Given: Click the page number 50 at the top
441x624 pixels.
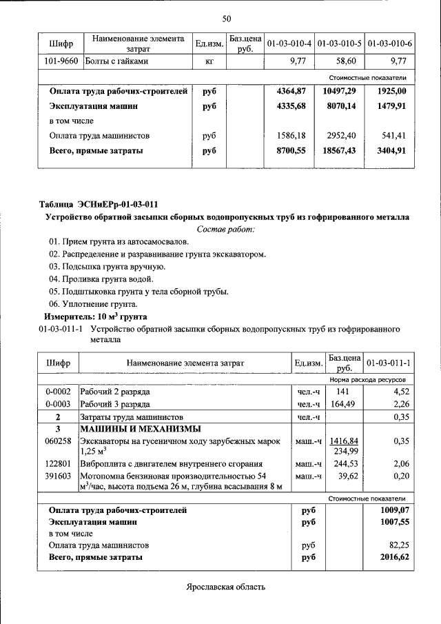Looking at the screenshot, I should tap(227, 19).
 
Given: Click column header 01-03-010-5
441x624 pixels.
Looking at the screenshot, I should tap(340, 43).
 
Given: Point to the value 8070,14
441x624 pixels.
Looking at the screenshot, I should tap(341, 106).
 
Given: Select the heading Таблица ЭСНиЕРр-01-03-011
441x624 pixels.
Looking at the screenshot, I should tap(99, 204).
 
